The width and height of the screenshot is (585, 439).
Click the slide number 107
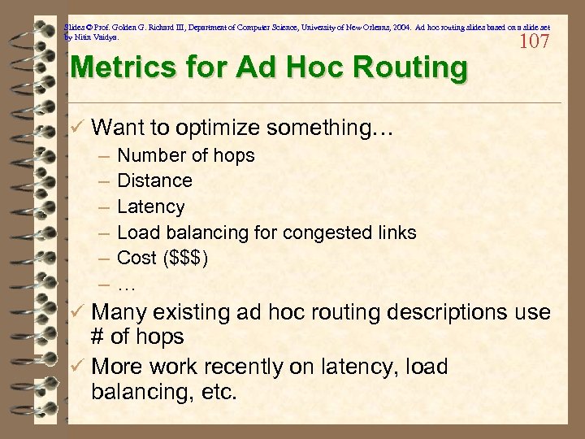(x=534, y=41)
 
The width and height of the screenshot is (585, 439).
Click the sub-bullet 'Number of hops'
(x=186, y=155)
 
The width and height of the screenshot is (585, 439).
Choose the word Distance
(x=155, y=180)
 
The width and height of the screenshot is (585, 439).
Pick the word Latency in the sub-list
(x=151, y=206)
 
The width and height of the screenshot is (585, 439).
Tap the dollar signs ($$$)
(x=186, y=259)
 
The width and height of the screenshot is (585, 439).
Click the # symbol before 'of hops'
(x=101, y=337)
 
